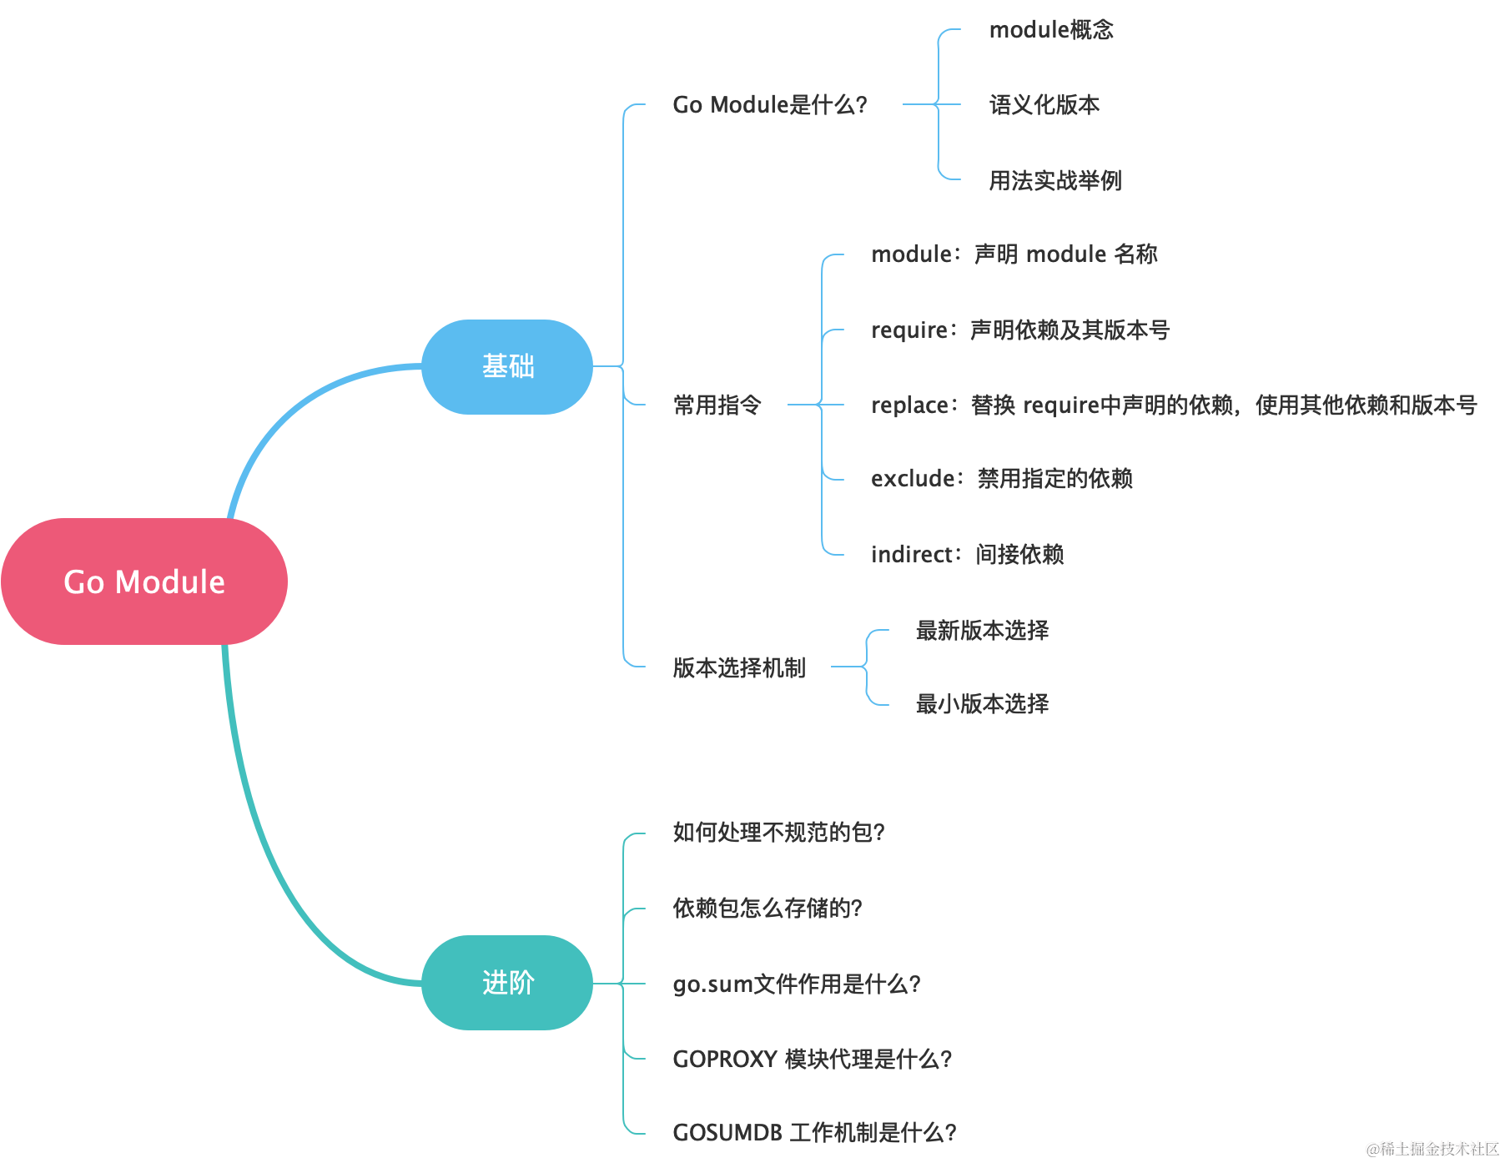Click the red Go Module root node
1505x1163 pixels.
tap(144, 581)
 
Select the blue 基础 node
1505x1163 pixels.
tap(507, 366)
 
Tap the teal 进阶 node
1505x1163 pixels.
tap(507, 982)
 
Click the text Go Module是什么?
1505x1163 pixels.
tap(769, 105)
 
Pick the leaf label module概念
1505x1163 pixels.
tap(1050, 30)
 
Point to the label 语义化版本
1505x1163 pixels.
tap(1044, 105)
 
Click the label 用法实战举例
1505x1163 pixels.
tap(1055, 180)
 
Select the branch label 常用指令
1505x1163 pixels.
tap(717, 405)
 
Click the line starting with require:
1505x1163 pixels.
tap(1019, 330)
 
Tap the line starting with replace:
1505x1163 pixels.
tap(1173, 405)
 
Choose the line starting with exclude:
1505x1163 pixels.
tap(1001, 479)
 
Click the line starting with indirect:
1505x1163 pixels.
tap(966, 554)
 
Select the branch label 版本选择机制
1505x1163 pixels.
tap(739, 667)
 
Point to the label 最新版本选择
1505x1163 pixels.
tap(982, 631)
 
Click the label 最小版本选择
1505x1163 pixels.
tap(982, 704)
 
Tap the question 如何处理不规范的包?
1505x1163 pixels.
tap(778, 833)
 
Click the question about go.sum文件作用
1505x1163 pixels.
tap(796, 984)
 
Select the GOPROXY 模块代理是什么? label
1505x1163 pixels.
tap(812, 1060)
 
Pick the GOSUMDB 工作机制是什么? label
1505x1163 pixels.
tap(814, 1133)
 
